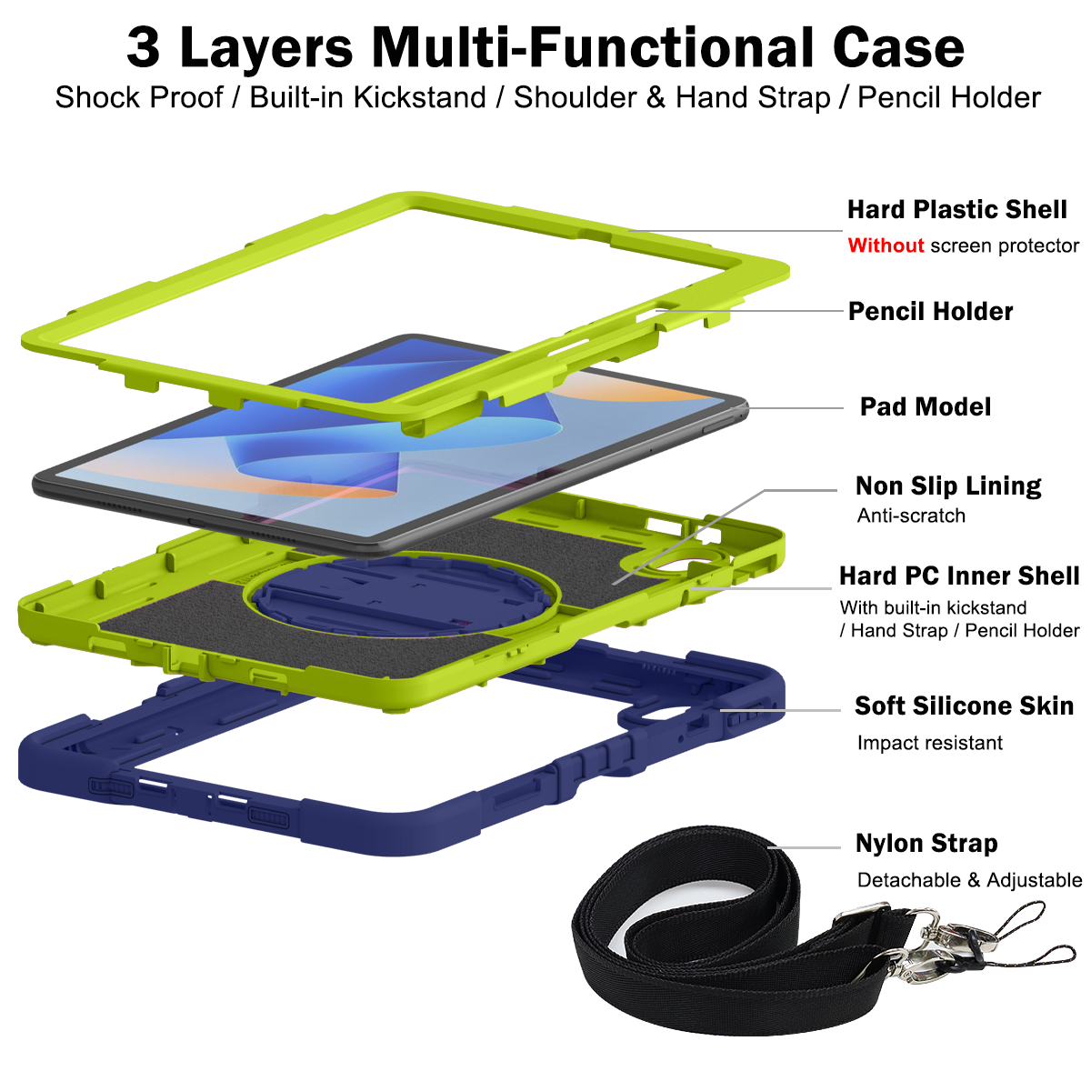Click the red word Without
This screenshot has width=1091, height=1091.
point(886,245)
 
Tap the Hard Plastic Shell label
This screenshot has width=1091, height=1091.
point(956,209)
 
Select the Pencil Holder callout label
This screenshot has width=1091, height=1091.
point(930,312)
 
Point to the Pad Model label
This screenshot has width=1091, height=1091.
point(926,406)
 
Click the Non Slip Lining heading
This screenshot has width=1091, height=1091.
point(948,485)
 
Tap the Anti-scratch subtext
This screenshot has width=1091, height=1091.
point(911,515)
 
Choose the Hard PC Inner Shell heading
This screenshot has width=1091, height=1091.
point(959,576)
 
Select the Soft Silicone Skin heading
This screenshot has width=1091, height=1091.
point(965,706)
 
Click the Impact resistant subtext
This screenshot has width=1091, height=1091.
point(930,742)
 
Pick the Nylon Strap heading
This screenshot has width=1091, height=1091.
point(926,843)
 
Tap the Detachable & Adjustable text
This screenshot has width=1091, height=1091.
point(969,880)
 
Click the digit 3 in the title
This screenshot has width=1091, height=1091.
point(143,48)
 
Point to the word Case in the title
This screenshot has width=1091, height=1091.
point(898,48)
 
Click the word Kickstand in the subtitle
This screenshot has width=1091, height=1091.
point(420,97)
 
